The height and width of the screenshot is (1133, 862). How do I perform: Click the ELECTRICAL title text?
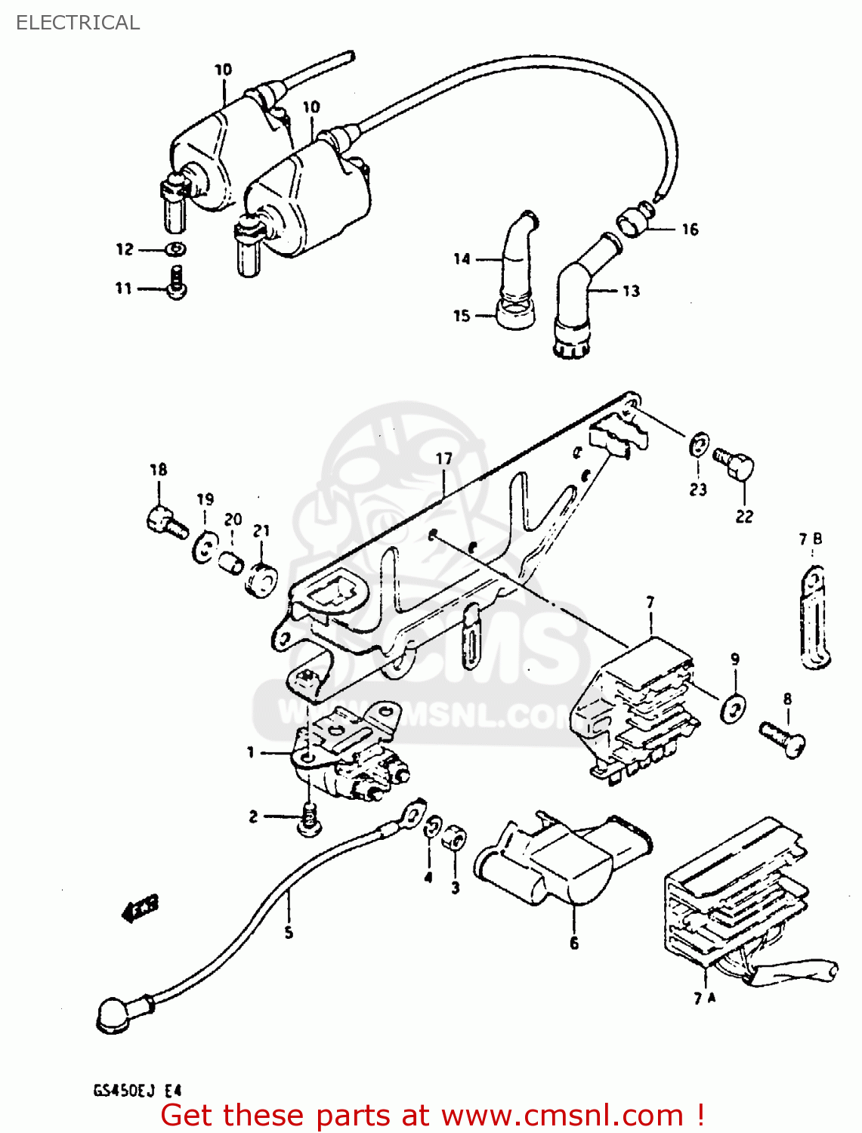(78, 23)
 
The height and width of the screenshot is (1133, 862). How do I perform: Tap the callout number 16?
(690, 230)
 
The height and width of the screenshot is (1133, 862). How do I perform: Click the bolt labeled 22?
(735, 462)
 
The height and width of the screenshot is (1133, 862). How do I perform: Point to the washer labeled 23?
(699, 445)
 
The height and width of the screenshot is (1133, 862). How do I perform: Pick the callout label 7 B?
(811, 539)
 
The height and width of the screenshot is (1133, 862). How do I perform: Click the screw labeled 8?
(783, 738)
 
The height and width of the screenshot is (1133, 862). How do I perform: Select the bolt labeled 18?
(165, 522)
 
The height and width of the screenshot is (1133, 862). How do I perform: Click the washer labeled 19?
(204, 547)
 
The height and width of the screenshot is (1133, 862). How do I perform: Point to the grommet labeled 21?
(261, 579)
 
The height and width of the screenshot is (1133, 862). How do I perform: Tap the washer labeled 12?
(176, 249)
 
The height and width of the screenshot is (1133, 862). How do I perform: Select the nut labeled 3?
(454, 838)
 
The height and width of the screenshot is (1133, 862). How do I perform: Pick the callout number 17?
(443, 458)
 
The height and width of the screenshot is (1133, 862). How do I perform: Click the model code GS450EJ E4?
(137, 1090)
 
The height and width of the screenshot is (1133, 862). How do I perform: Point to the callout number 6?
(574, 943)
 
